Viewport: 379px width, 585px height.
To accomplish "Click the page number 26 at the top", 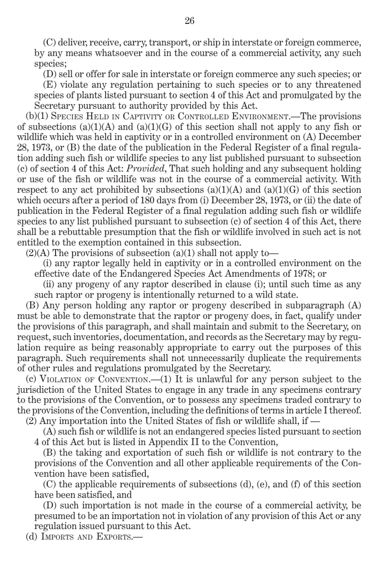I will pyautogui.click(x=189, y=21).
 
